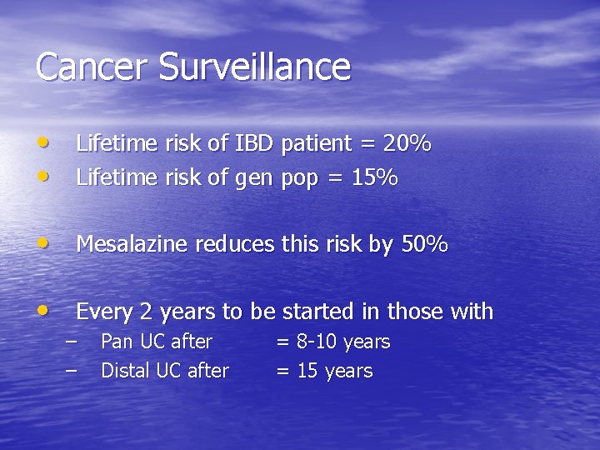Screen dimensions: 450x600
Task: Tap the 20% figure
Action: tap(407, 143)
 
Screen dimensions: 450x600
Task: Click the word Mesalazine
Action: tap(133, 244)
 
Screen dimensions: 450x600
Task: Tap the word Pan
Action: tap(117, 342)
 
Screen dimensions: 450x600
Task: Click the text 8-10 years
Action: tap(333, 342)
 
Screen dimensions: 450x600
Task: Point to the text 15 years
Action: tap(325, 371)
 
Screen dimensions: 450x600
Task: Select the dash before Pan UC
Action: tap(70, 342)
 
